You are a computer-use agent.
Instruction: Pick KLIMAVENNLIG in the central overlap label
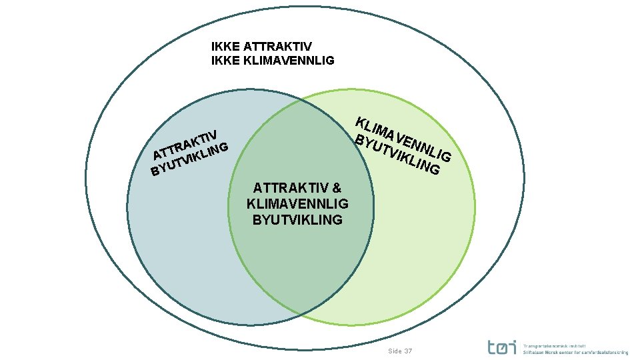click(297, 204)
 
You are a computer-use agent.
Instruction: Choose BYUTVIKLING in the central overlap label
click(297, 219)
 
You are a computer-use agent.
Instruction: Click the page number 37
click(409, 351)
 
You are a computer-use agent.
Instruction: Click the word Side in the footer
click(395, 351)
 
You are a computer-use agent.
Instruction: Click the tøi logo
click(501, 347)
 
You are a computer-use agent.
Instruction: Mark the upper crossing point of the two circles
click(299, 101)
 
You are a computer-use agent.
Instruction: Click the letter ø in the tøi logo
click(502, 347)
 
